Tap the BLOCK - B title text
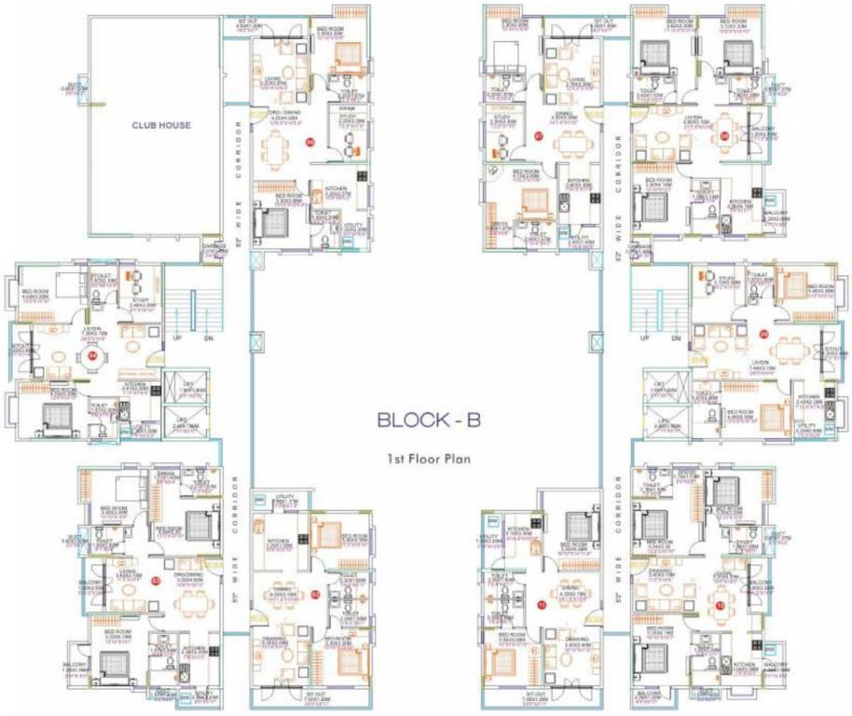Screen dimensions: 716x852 [x=428, y=420]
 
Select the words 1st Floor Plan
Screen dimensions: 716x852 [x=428, y=459]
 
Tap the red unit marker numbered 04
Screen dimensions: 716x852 [x=91, y=355]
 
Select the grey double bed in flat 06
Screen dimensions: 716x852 [x=276, y=223]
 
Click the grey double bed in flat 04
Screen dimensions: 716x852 [x=55, y=413]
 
